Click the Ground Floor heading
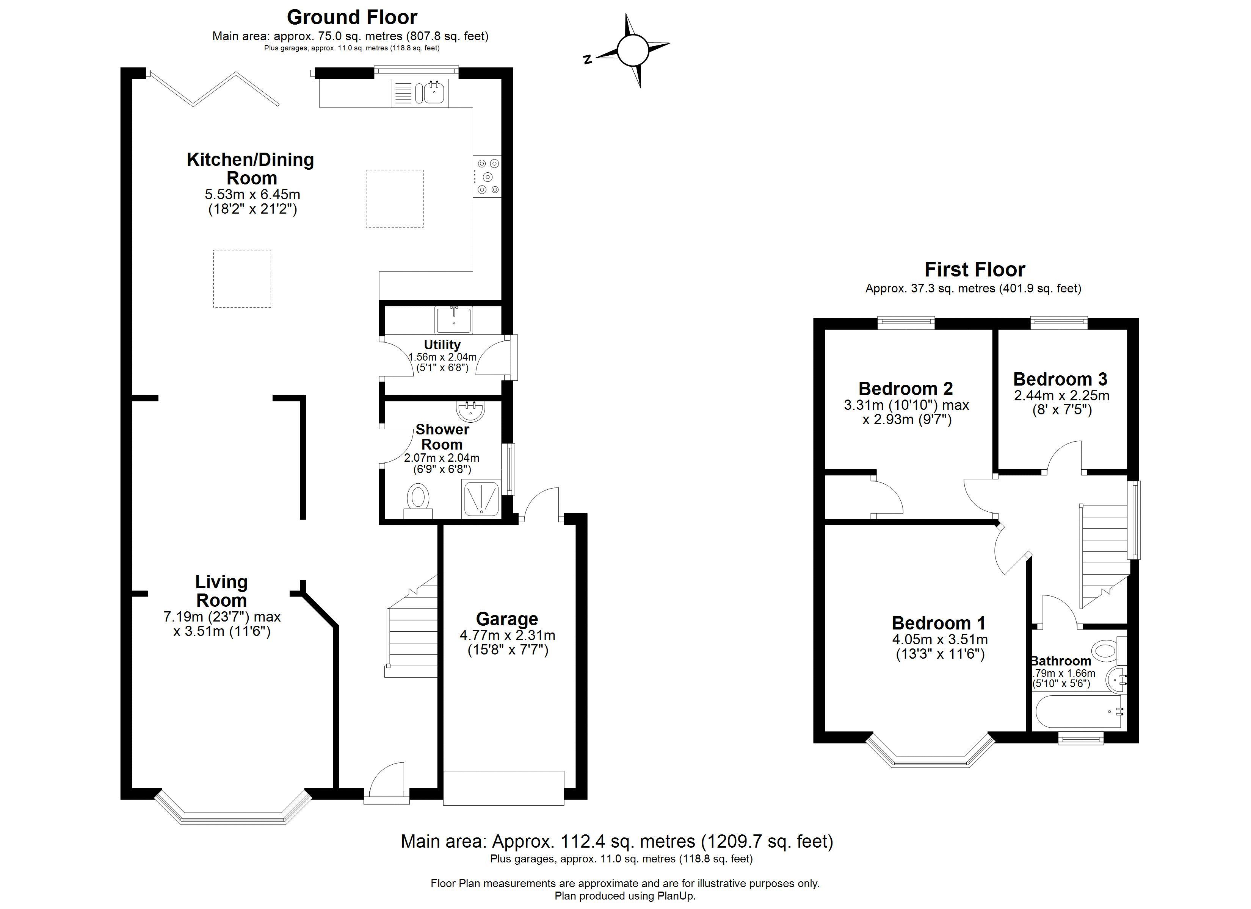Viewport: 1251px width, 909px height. click(x=351, y=18)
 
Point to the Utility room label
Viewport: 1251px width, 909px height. click(x=442, y=345)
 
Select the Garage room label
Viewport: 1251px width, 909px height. click(x=506, y=618)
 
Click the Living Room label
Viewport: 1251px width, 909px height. click(x=221, y=591)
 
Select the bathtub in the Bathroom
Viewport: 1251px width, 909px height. click(x=1079, y=711)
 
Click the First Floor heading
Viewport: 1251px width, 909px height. click(x=974, y=270)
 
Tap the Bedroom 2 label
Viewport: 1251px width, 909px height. click(x=905, y=389)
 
